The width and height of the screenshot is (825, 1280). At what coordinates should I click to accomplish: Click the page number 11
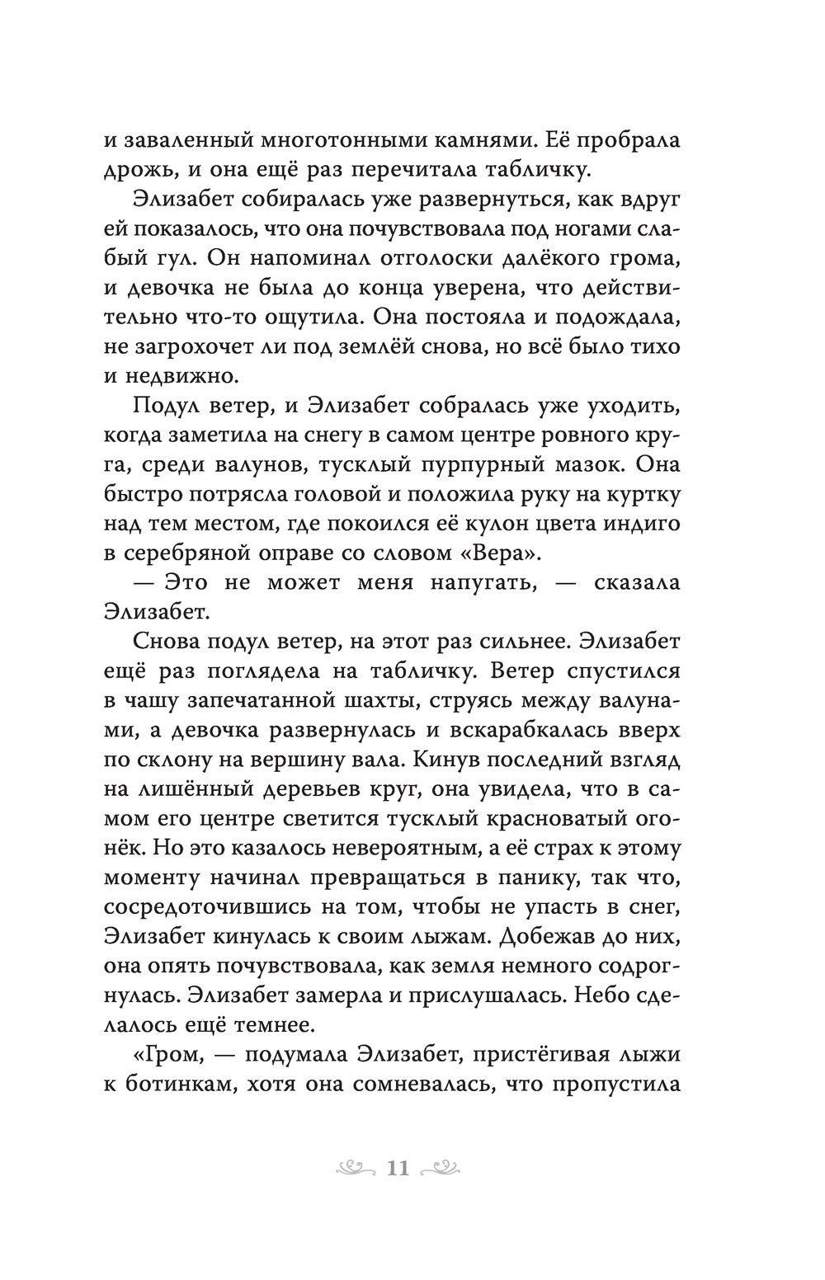tap(398, 1169)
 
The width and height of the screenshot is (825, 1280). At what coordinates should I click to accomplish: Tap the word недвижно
tap(181, 375)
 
